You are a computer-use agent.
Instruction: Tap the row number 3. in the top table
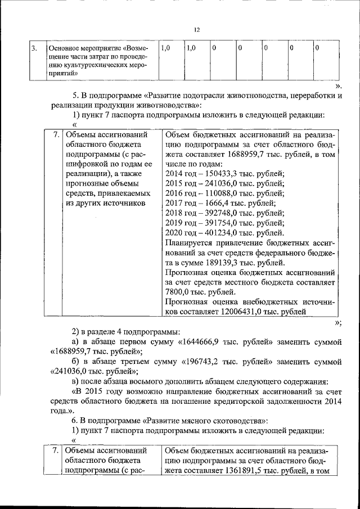coord(34,48)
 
